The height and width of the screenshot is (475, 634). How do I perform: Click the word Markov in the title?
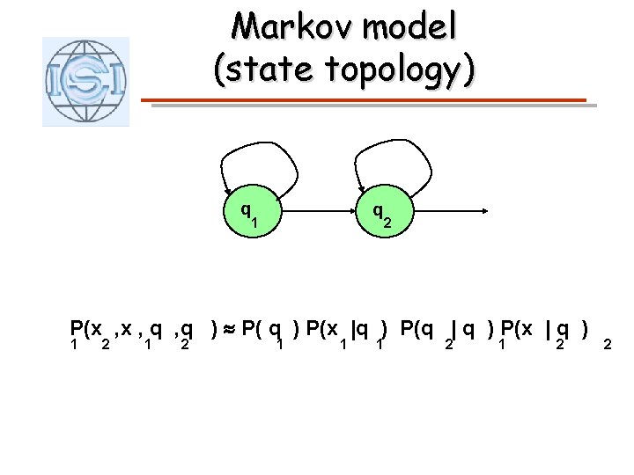280,27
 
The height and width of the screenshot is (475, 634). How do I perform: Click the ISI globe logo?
85,81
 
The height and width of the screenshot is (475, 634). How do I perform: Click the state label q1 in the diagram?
250,214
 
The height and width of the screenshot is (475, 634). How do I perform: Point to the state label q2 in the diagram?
382,215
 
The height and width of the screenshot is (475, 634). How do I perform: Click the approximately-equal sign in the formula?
227,331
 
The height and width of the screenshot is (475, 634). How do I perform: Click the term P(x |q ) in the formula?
349,332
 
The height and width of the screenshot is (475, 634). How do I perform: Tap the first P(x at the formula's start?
85,332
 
